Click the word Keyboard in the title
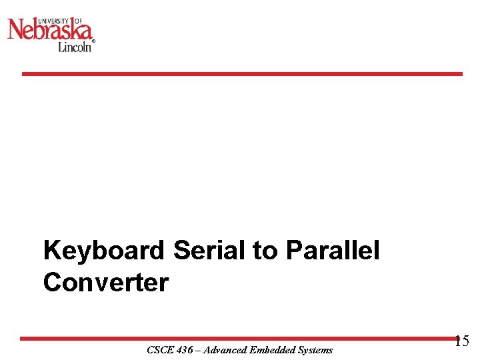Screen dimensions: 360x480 (103, 251)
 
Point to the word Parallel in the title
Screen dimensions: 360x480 (333, 251)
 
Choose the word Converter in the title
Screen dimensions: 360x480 (105, 283)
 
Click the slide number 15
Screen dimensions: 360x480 (461, 341)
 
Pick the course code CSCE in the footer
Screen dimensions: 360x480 (158, 350)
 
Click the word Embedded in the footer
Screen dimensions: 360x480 (274, 350)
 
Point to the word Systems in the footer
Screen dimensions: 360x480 (315, 350)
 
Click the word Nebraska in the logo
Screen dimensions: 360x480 (50, 30)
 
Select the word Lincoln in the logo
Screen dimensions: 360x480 (74, 47)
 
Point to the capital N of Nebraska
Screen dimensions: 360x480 (15, 30)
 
